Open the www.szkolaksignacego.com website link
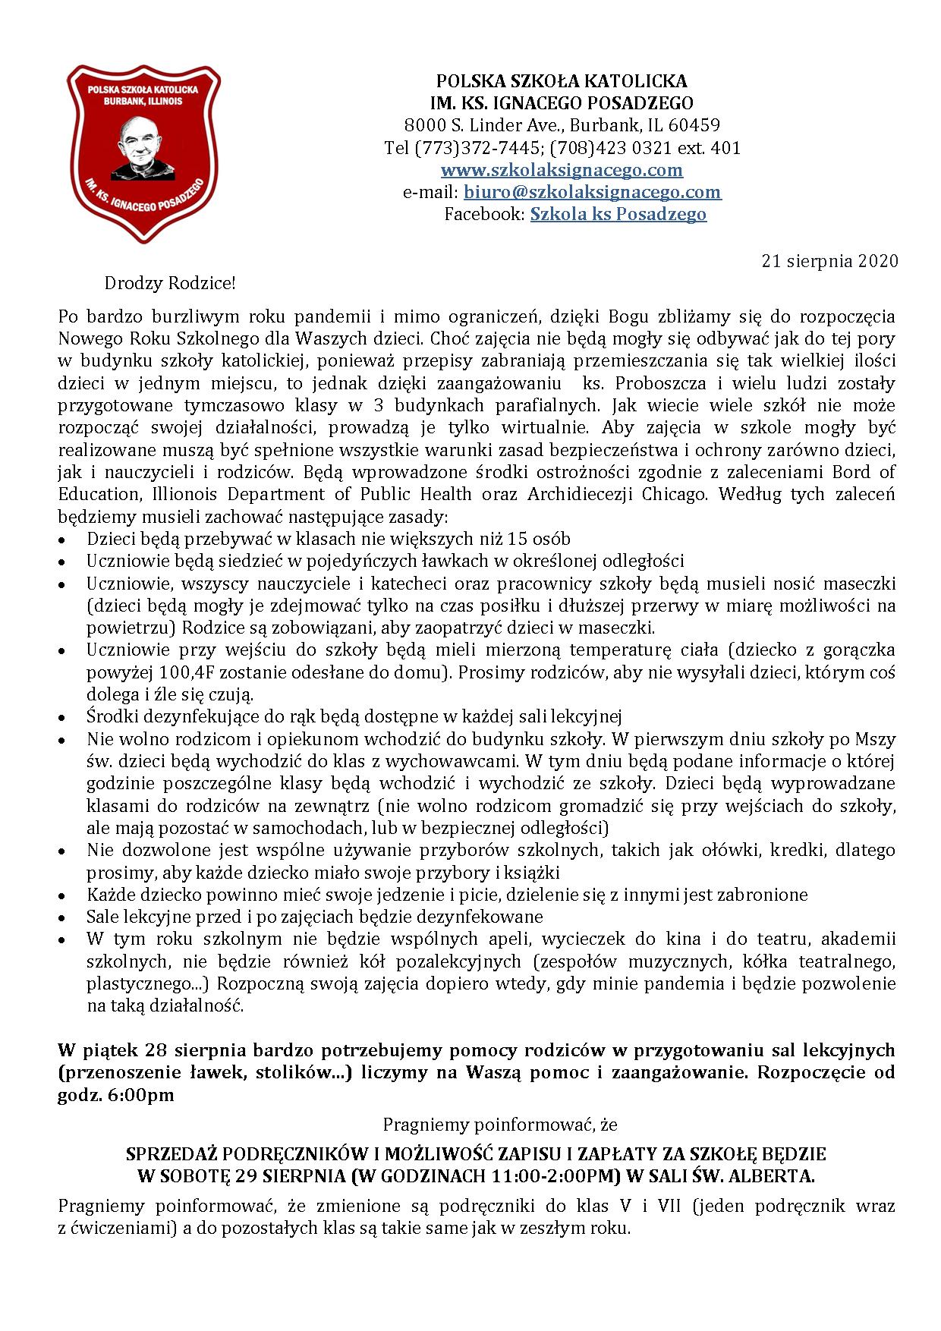(x=562, y=170)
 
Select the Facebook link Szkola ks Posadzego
(x=618, y=214)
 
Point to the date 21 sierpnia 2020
(x=829, y=262)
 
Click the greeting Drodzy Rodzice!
(x=170, y=284)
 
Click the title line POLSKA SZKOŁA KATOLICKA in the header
(x=561, y=81)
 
